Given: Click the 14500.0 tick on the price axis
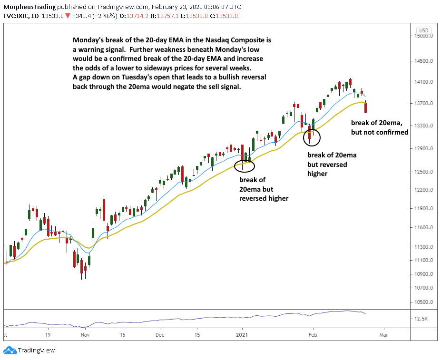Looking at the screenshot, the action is click(x=423, y=61).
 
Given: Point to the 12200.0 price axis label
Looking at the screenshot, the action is click(x=423, y=190).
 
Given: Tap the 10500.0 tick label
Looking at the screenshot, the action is click(x=423, y=302).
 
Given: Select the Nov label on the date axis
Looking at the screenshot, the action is click(x=85, y=335).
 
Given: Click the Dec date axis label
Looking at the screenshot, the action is click(x=160, y=335).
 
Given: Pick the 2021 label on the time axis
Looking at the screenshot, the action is click(x=242, y=335).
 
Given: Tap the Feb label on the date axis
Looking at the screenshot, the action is click(x=313, y=335).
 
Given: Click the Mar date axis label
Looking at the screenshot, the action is click(x=383, y=335).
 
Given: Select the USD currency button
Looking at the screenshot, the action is click(x=424, y=30).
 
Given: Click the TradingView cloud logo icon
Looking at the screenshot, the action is click(x=10, y=350).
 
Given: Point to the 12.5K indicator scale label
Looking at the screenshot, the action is click(x=421, y=319).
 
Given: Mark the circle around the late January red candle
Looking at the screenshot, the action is click(x=304, y=137).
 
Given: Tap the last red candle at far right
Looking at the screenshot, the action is click(x=366, y=108).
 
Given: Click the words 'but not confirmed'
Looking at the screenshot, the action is click(x=380, y=132).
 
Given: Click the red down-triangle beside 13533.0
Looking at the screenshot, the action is click(x=68, y=16).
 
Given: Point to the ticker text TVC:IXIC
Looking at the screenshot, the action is click(x=16, y=16).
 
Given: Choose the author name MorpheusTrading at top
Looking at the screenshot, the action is click(x=29, y=7).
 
